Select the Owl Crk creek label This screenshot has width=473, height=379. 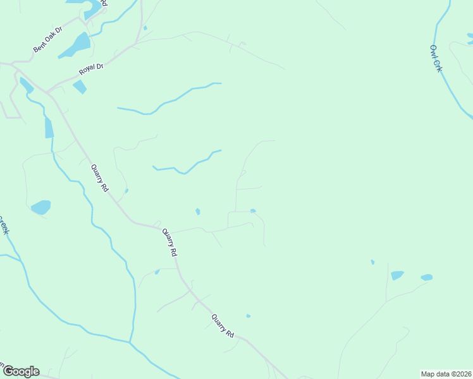(x=436, y=57)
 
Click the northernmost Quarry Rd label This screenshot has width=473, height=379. (x=100, y=178)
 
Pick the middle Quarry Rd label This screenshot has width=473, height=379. (x=169, y=242)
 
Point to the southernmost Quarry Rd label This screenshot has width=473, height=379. (x=223, y=326)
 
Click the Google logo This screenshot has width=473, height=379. (x=21, y=371)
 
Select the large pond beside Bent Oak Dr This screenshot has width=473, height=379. (x=77, y=45)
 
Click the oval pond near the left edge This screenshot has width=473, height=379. (x=40, y=207)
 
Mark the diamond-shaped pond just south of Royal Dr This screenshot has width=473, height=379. (x=80, y=87)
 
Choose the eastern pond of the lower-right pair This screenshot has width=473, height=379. (x=427, y=277)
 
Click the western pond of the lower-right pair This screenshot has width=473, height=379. (x=397, y=275)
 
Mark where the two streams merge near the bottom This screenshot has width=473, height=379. (x=130, y=342)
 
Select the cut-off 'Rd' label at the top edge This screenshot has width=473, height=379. (x=104, y=3)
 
